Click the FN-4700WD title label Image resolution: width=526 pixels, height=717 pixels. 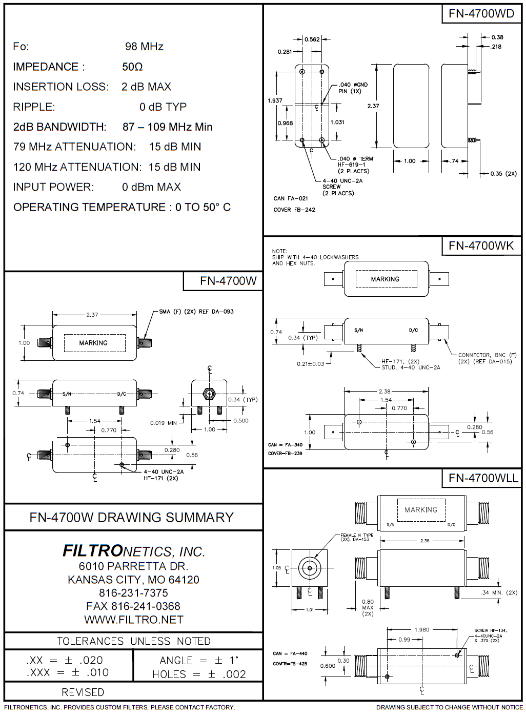(481, 14)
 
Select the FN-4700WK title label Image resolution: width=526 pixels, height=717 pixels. (481, 246)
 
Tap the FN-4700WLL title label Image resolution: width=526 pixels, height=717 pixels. (483, 478)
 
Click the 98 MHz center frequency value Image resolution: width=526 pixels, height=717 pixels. (144, 47)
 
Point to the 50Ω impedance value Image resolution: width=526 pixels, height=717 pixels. (132, 67)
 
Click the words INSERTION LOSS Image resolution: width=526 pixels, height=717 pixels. (60, 87)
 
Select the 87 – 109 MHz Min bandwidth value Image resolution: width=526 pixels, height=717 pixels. (167, 127)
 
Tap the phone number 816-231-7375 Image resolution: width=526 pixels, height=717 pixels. (133, 593)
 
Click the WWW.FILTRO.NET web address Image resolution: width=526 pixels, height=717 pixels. (133, 620)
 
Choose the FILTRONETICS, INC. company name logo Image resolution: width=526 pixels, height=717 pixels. (133, 551)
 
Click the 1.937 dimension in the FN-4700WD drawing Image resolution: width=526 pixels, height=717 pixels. (275, 100)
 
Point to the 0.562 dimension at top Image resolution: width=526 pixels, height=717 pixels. (312, 39)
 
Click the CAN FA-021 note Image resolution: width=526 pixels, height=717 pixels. (291, 198)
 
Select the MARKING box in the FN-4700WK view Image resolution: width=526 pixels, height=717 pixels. (385, 279)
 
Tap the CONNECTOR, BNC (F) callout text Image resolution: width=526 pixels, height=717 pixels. (487, 355)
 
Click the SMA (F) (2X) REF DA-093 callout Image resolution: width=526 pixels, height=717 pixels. (196, 312)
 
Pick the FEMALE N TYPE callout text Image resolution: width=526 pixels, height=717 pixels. (357, 536)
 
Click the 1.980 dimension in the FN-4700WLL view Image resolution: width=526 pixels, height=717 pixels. (421, 630)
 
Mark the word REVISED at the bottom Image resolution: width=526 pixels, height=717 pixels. (83, 692)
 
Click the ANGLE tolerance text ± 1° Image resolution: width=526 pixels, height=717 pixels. (199, 661)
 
